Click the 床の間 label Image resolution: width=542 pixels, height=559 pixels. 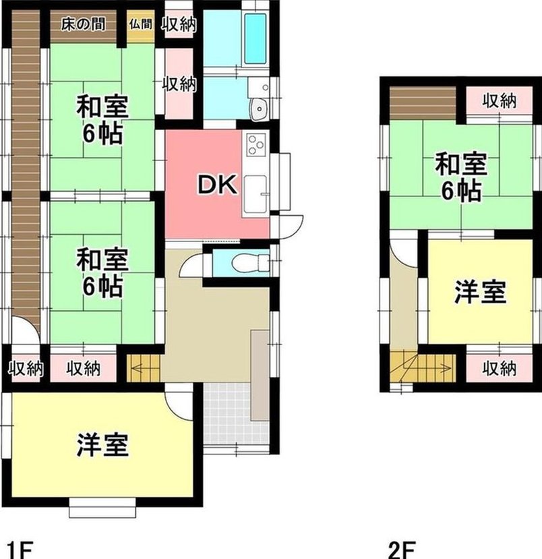coord(83,24)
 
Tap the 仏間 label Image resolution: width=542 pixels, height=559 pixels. coord(141,24)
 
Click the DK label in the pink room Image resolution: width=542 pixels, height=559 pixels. coord(217,185)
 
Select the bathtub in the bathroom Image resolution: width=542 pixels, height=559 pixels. coord(255,38)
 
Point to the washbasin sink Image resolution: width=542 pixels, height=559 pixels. coord(258,108)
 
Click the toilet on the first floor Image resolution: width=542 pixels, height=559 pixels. coord(250,263)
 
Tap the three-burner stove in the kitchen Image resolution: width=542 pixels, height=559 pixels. coord(257,144)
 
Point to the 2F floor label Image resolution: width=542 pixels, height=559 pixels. coord(402,550)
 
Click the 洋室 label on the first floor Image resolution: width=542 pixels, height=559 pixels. coord(102,444)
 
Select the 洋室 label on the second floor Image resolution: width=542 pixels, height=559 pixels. coord(480,292)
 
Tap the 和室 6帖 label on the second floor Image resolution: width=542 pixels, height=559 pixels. coord(461,177)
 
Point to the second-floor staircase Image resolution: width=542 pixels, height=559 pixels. coord(423,368)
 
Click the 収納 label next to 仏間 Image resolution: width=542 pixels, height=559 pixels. coord(179,24)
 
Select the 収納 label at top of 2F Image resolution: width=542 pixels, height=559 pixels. coord(500,101)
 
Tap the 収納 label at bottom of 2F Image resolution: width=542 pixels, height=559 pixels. coord(500,368)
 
